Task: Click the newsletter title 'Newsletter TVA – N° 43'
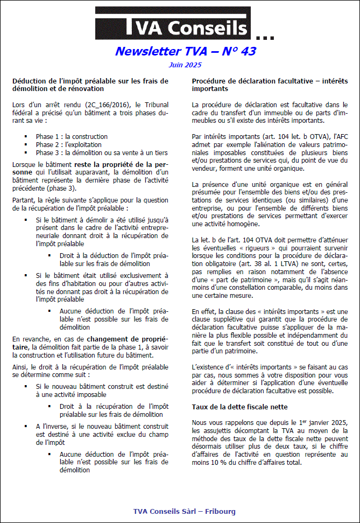pyautogui.click(x=185, y=52)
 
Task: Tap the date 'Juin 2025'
pyautogui.click(x=185, y=65)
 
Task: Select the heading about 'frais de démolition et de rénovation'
pyautogui.click(x=90, y=85)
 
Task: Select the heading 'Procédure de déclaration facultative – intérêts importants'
pyautogui.click(x=270, y=85)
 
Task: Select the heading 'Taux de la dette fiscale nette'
pyautogui.click(x=239, y=407)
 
